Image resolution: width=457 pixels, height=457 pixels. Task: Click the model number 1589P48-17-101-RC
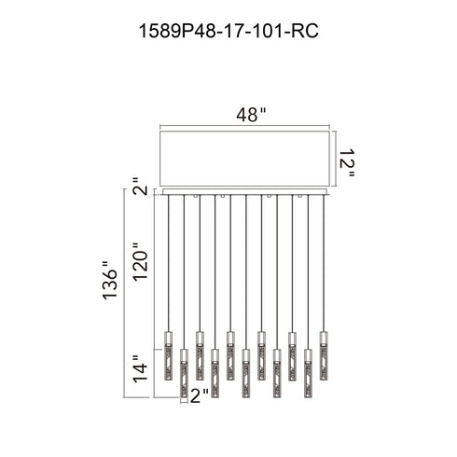(x=228, y=31)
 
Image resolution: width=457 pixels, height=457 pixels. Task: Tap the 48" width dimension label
(x=251, y=115)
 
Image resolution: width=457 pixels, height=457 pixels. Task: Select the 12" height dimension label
(x=346, y=163)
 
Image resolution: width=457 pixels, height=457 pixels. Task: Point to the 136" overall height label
(x=110, y=280)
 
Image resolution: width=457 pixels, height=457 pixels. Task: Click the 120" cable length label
(x=140, y=261)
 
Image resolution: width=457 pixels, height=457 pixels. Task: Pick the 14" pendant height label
(x=140, y=368)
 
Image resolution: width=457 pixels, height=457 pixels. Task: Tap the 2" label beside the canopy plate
(x=140, y=187)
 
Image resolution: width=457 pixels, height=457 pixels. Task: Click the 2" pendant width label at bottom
(x=200, y=395)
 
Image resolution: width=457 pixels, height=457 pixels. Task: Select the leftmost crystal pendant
(x=168, y=356)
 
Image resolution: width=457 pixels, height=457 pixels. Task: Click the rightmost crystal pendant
(x=324, y=356)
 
